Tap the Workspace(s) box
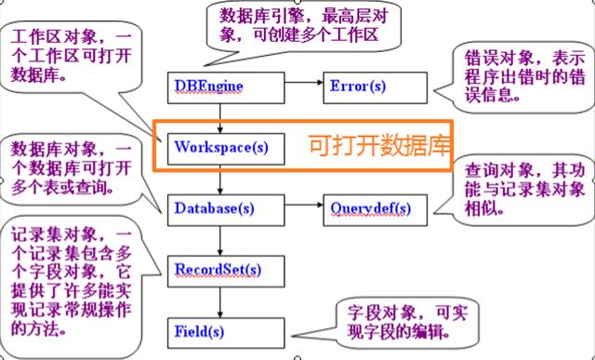[x=224, y=146]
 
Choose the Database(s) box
[x=224, y=207]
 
